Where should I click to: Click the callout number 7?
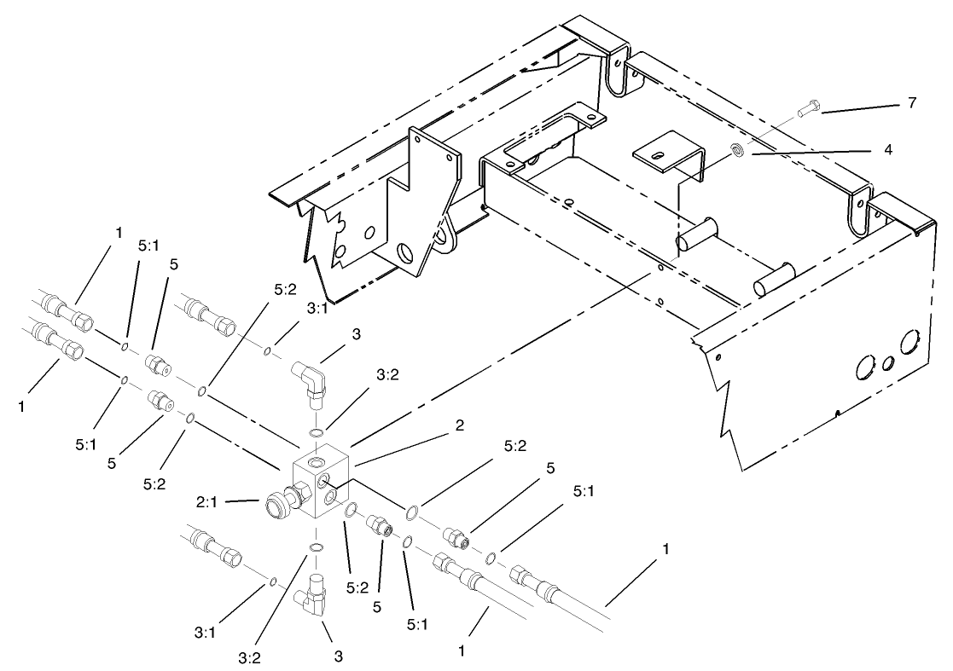912,103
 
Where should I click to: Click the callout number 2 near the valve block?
460,425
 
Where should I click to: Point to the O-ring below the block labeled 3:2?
315,547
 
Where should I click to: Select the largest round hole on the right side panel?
910,345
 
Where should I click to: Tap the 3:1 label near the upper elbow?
317,309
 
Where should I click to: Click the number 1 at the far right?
666,550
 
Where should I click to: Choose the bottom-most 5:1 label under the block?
416,625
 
